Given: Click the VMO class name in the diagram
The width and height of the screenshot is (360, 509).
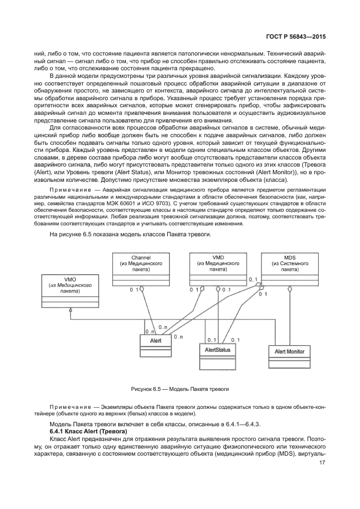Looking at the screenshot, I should click(x=70, y=279).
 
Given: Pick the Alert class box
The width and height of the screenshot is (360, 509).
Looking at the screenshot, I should click(x=155, y=341).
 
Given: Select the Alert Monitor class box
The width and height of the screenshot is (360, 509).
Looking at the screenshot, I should click(x=290, y=352).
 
